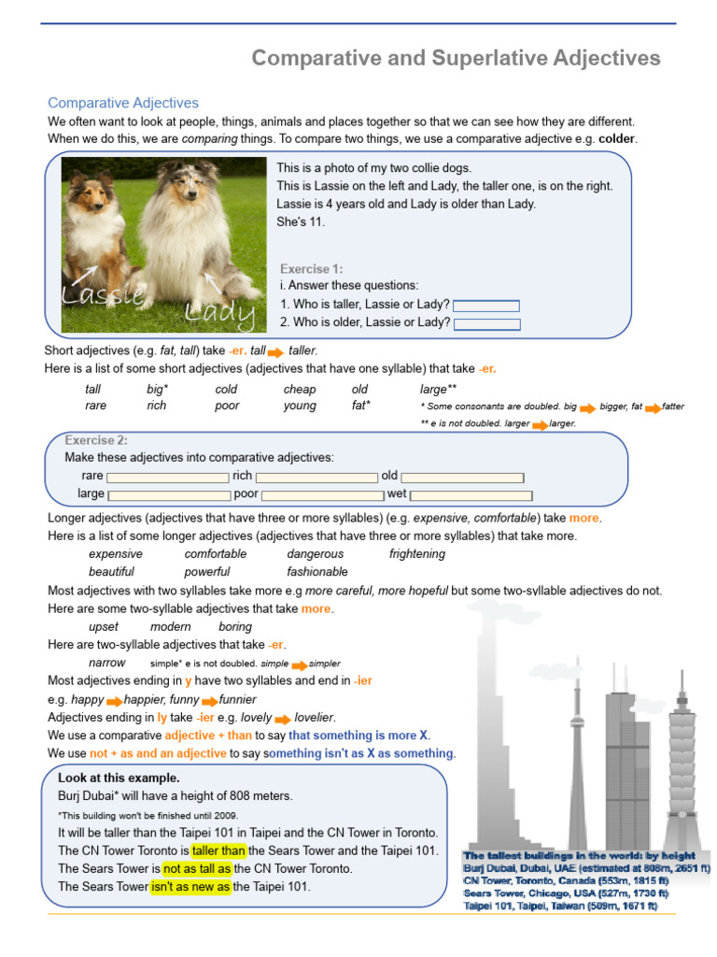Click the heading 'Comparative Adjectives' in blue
coord(123,103)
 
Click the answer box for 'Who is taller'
coord(485,306)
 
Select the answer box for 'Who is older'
coord(485,324)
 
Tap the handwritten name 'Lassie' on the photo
coord(103,295)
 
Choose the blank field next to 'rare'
coord(167,478)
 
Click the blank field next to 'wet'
coord(471,495)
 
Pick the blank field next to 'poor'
coord(320,495)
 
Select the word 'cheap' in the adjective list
coord(300,390)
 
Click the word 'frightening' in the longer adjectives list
coord(417,554)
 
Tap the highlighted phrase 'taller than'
coord(218,850)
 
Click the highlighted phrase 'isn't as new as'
coord(190,887)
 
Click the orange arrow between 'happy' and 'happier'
coord(114,701)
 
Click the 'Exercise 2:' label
coord(96,440)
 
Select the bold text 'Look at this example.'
coord(119,778)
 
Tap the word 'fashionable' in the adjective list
coord(317,572)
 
